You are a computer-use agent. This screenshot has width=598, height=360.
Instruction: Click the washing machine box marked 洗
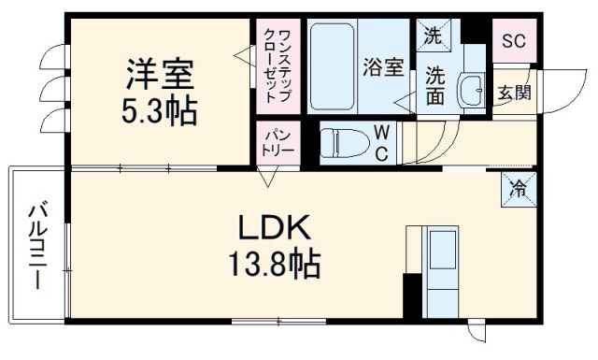(x=433, y=38)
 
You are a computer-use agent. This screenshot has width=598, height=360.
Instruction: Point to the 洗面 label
(x=436, y=84)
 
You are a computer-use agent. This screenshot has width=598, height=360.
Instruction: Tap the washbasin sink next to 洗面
(x=468, y=90)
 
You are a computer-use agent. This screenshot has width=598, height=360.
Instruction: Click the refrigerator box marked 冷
(x=516, y=188)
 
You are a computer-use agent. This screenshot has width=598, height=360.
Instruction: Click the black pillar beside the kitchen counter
(x=410, y=295)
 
